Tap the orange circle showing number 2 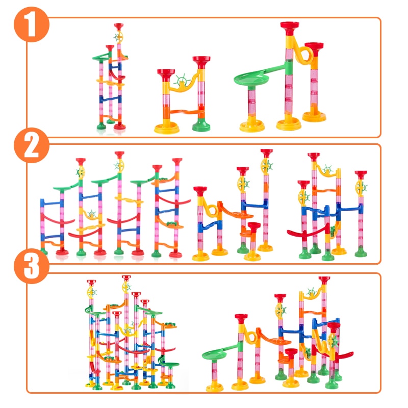(32, 147)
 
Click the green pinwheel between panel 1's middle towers (180, 80)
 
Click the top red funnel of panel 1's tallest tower (290, 25)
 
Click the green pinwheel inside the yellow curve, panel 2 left (92, 214)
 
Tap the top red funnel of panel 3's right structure (324, 280)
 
